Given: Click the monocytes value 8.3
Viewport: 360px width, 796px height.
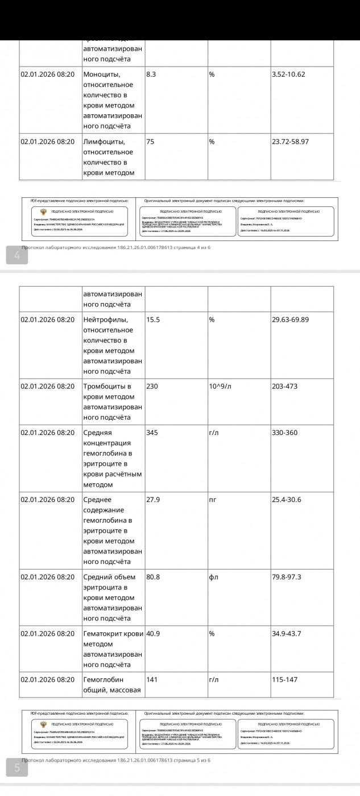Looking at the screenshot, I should coord(151,74).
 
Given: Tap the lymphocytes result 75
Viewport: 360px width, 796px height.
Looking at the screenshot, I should coord(151,142).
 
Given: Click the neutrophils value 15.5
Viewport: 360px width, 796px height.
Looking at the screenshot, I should coord(153,320).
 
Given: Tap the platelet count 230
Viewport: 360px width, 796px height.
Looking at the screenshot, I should coord(152,387).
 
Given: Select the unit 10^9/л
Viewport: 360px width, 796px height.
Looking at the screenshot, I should coord(221,387).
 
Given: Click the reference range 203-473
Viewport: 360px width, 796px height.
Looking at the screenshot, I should coord(284,387).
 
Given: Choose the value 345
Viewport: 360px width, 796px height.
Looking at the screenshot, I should coord(152,433).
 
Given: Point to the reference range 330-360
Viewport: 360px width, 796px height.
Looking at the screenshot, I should coord(284,433).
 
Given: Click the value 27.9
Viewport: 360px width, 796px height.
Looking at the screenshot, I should coord(153,500).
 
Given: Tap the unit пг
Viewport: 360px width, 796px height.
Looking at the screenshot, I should coord(213,500).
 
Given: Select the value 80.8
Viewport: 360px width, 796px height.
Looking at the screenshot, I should coord(153,577).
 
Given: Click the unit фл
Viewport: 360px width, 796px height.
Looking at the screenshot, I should coord(214,577).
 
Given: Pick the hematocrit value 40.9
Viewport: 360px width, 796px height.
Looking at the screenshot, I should coord(153,633).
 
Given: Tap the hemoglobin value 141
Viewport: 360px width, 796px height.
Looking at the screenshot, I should coord(152,679).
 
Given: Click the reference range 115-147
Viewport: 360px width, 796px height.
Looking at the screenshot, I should coord(284,679).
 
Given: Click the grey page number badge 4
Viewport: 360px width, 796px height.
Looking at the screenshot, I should coord(17,256).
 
